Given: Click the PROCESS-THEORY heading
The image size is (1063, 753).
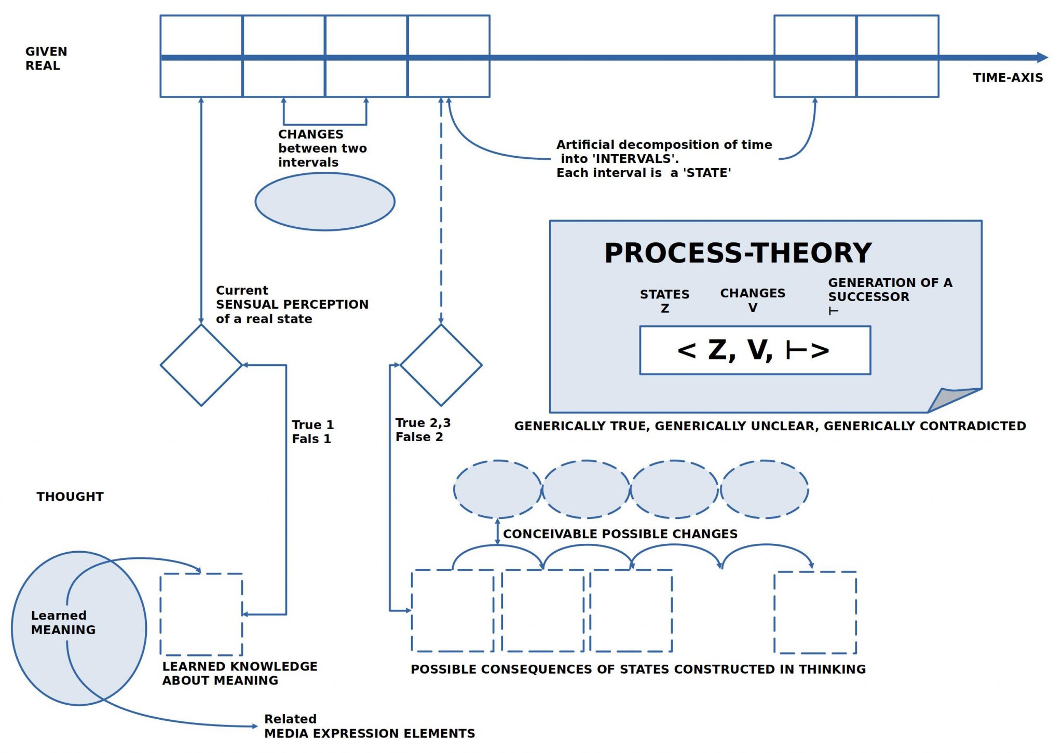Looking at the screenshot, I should [x=738, y=253].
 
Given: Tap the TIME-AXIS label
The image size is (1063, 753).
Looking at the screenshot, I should [x=1007, y=78].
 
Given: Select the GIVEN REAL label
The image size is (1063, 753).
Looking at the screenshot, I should [x=46, y=59].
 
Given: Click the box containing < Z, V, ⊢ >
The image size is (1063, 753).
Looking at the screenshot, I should [x=755, y=350].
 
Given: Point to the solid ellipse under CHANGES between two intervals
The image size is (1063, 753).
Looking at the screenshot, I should [x=325, y=201].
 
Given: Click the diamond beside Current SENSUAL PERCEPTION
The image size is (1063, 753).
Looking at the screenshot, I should [x=201, y=365].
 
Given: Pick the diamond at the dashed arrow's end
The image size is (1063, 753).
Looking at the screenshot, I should [x=441, y=365].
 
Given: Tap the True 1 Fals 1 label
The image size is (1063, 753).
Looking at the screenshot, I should [x=312, y=432].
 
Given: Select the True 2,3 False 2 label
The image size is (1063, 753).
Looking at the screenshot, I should [x=423, y=430].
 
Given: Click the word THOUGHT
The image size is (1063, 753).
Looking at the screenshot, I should [x=70, y=497].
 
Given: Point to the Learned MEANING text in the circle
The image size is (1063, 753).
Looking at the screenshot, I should [x=63, y=622].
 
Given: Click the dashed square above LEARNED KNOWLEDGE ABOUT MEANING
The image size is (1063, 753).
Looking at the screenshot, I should [x=201, y=614].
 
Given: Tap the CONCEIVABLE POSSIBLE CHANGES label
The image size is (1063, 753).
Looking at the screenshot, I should [x=620, y=534].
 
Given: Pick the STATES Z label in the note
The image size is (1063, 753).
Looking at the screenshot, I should [x=664, y=301].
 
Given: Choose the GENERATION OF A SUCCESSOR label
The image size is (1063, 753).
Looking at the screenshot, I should [x=890, y=290].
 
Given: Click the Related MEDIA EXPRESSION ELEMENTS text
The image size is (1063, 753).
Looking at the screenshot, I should [x=369, y=726].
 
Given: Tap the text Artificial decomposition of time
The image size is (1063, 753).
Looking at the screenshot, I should [x=664, y=145].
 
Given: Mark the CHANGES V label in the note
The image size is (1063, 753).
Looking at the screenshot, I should [x=753, y=300].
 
